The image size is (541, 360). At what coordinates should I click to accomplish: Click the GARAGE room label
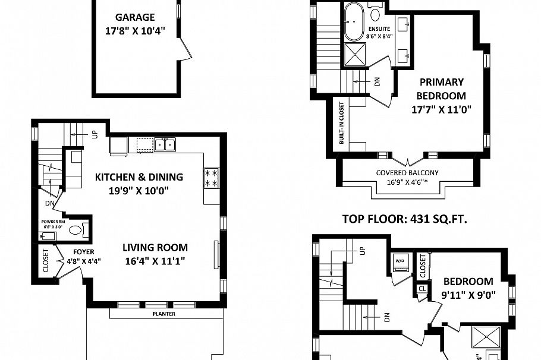pos(136,18)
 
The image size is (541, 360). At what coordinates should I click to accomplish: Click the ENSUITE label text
pos(379,29)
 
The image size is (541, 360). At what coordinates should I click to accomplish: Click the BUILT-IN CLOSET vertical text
pos(342,123)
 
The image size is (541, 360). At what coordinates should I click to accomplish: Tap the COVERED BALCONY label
pos(407,173)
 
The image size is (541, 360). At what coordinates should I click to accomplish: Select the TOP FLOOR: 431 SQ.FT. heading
pos(404,219)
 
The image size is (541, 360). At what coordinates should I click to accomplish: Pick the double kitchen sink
pos(165,144)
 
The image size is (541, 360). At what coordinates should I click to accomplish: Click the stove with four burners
pos(211,178)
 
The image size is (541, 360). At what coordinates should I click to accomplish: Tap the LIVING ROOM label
pos(155,248)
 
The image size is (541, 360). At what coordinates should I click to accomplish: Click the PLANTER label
pos(164,314)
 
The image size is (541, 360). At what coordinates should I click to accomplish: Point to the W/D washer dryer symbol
pos(398,261)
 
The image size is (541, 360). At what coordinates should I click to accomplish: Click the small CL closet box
pos(422,289)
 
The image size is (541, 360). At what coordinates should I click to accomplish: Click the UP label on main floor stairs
pos(95,135)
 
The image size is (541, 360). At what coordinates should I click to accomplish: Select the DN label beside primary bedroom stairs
pos(377,82)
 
